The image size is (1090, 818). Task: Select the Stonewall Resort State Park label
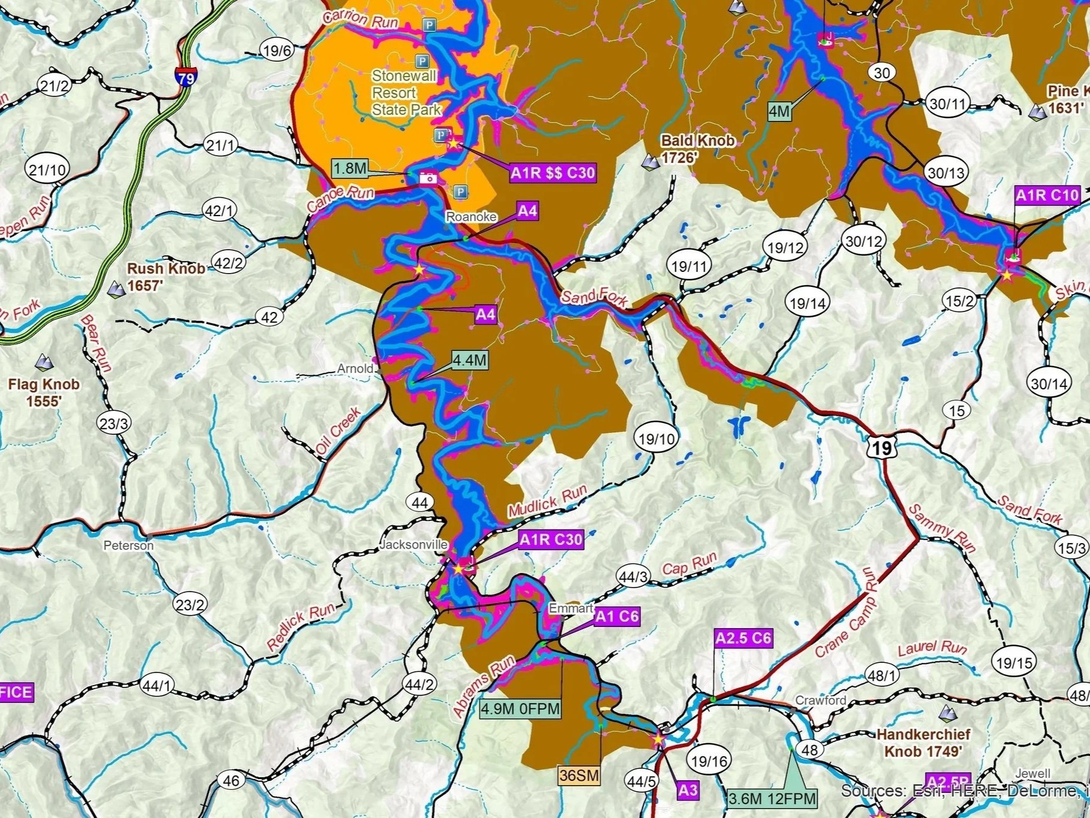[405, 93]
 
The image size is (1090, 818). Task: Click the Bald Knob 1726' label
[697, 149]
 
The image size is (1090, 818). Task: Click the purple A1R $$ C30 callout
[552, 173]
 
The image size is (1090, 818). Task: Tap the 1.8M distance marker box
[350, 168]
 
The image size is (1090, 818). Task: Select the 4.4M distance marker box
[469, 360]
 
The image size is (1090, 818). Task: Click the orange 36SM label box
[579, 775]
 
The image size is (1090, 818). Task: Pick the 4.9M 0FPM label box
[521, 709]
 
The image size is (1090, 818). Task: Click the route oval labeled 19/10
[657, 439]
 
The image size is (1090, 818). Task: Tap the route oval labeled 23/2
[190, 605]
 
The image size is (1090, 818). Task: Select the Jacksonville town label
[414, 544]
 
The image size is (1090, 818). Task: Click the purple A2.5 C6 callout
[743, 638]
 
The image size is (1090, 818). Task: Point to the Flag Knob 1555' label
[44, 392]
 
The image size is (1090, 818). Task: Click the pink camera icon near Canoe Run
[428, 177]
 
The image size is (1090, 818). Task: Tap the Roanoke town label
[471, 216]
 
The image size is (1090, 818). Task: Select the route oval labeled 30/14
[1049, 383]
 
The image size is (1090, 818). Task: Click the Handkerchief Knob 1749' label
[923, 743]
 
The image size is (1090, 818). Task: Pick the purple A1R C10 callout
[1047, 195]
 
